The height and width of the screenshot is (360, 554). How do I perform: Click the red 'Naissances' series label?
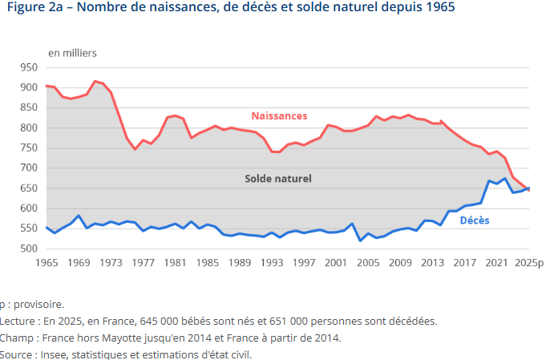click(279, 116)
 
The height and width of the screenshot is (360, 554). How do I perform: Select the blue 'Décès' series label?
click(475, 220)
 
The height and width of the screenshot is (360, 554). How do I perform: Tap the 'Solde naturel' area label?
click(277, 178)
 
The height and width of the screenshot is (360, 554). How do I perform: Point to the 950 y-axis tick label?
click(30, 67)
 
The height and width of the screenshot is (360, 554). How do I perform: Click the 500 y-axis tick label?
click(30, 249)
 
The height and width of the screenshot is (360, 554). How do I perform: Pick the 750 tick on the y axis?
click(30, 148)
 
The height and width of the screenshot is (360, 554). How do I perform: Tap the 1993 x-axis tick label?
click(272, 263)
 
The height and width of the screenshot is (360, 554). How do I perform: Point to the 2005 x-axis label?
click(368, 263)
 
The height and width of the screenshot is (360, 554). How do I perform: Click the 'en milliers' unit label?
click(72, 53)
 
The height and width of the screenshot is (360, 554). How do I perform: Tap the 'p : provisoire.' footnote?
click(31, 304)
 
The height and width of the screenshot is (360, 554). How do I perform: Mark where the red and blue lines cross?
click(527, 188)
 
